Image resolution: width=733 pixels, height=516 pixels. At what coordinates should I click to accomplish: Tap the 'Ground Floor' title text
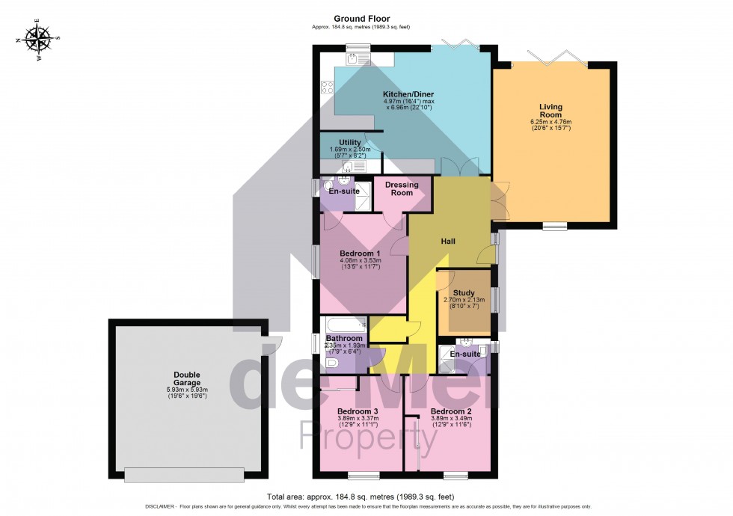[362, 19]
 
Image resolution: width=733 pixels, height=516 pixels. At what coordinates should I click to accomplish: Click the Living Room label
[550, 111]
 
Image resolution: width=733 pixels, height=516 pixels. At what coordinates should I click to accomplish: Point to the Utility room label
[350, 142]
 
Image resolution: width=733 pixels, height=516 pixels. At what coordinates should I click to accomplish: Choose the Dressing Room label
[402, 188]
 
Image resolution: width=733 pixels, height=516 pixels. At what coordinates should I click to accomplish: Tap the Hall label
[448, 241]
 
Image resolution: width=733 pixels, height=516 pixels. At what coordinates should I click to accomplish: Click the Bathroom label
[344, 338]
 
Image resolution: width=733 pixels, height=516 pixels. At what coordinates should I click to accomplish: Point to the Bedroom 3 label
[358, 411]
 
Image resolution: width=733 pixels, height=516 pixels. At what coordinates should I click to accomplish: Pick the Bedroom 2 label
[450, 411]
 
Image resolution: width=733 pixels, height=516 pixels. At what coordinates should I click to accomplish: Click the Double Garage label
[188, 378]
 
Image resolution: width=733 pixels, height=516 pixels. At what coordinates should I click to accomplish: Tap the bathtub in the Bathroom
[344, 324]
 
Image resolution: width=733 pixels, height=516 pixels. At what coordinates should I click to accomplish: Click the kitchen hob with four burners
[327, 87]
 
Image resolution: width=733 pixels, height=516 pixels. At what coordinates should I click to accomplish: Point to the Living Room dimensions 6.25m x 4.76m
[550, 125]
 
